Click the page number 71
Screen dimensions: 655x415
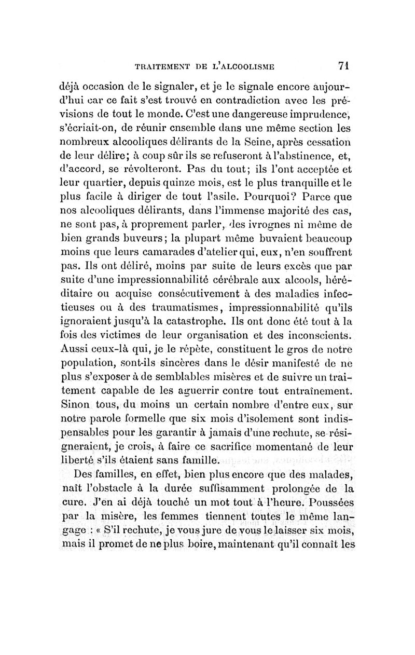[x=342, y=65]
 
